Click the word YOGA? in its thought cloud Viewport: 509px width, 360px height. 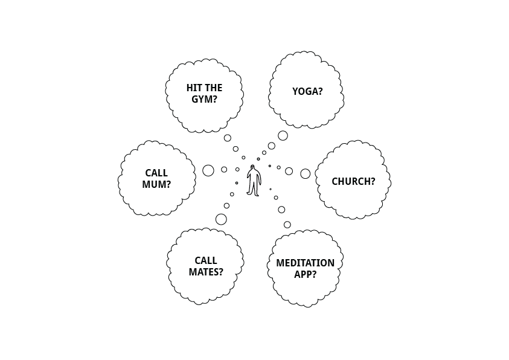coord(307,92)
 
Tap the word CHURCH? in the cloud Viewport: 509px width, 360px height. coord(353,181)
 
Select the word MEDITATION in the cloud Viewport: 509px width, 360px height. coord(305,263)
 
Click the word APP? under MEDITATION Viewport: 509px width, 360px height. coord(305,274)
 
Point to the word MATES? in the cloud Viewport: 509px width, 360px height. coord(206,272)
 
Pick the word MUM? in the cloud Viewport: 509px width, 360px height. coord(156,185)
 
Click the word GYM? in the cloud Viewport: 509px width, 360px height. coord(204,99)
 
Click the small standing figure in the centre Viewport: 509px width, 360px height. coord(254,181)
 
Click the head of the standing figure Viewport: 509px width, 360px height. coord(252,168)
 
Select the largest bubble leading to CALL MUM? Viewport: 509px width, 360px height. coord(208,170)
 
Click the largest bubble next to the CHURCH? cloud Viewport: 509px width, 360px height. coord(306,174)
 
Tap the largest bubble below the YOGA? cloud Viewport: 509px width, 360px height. coord(283,136)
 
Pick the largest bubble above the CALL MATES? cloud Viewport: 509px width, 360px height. coord(221,219)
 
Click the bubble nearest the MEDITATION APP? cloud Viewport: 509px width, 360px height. coord(287,225)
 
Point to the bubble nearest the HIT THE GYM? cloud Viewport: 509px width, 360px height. coord(228,138)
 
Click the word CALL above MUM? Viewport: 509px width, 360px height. coord(156,173)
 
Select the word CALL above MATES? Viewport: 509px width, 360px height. coord(206,261)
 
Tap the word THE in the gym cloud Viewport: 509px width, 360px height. coord(214,88)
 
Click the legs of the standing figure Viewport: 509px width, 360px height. coord(254,190)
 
